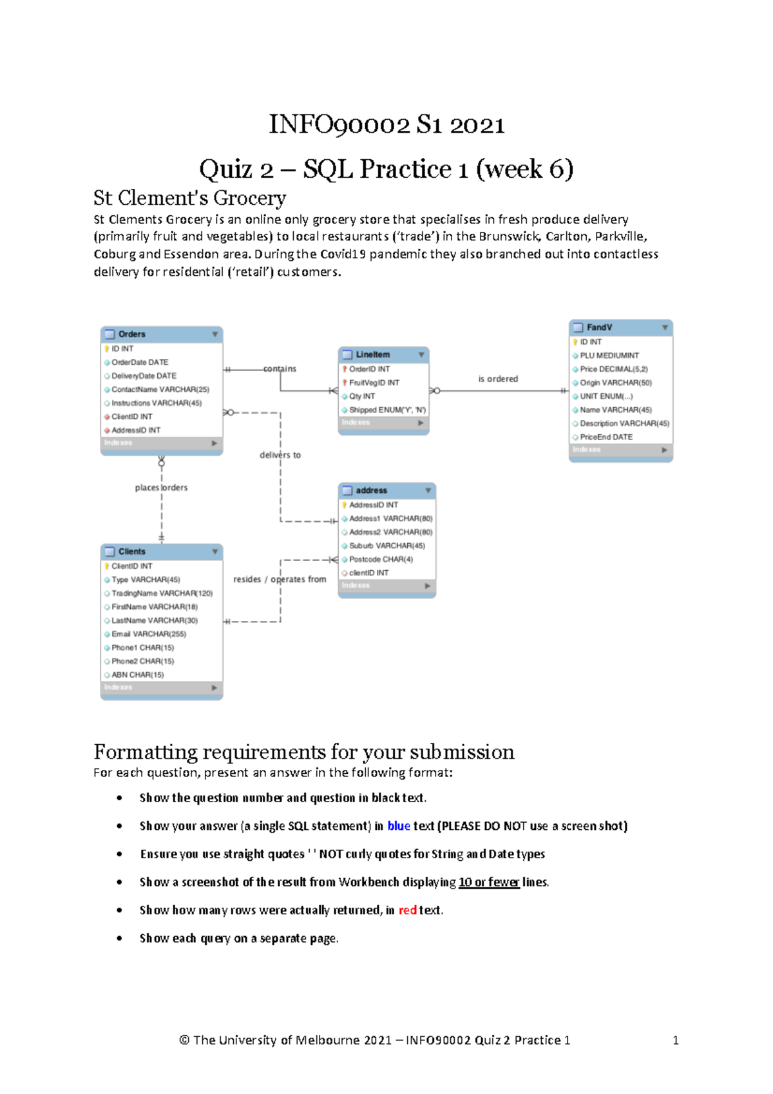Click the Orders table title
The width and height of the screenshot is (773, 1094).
[131, 334]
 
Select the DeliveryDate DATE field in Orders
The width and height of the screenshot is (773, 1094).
[144, 376]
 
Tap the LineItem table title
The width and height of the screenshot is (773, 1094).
[372, 355]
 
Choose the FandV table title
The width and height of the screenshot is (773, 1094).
[599, 328]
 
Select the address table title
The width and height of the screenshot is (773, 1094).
[371, 491]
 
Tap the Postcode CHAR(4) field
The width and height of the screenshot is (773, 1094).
[381, 560]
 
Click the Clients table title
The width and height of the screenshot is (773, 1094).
[131, 552]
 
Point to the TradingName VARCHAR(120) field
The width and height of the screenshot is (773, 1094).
[162, 593]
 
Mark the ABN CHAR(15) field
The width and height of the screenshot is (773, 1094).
[137, 675]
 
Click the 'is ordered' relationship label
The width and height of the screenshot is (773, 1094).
[498, 379]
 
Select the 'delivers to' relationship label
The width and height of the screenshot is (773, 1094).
[280, 456]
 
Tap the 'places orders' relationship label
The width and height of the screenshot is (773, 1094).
[161, 488]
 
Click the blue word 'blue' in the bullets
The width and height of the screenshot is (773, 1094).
[399, 827]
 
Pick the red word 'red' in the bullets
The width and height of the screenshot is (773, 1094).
[407, 910]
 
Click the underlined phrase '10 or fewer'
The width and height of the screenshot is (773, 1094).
[489, 883]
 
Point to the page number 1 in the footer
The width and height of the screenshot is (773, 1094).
[675, 1041]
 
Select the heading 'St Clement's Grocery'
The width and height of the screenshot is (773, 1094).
[190, 198]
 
